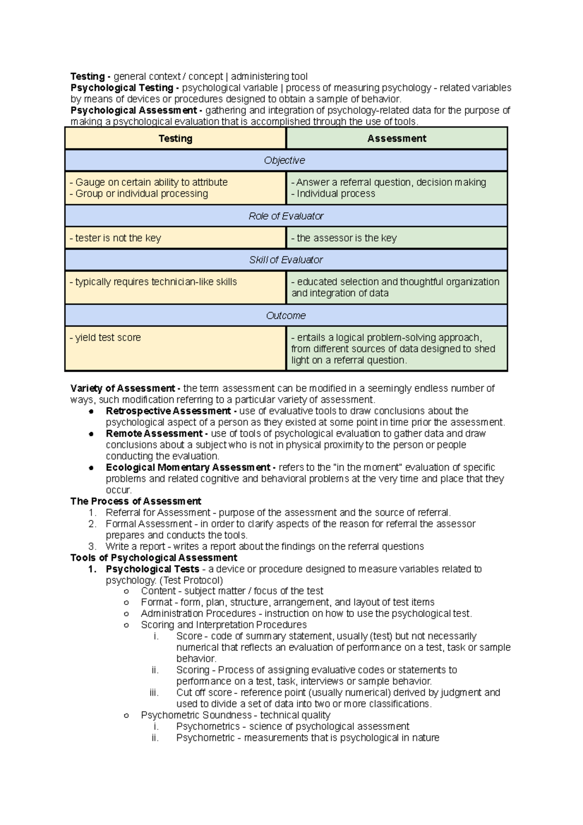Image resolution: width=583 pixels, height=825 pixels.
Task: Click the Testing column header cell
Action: click(x=175, y=138)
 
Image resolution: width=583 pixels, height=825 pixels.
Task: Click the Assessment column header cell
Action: click(x=396, y=138)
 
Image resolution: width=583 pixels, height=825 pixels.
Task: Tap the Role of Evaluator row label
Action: click(x=286, y=216)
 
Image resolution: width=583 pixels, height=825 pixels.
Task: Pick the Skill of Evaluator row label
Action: click(x=286, y=260)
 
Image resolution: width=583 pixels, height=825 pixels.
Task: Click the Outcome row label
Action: click(x=286, y=316)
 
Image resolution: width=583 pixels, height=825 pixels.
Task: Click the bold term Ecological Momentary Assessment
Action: click(x=188, y=467)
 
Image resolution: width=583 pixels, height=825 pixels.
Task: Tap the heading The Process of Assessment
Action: click(x=136, y=501)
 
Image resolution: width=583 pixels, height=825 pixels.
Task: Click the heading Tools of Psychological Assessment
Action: click(x=154, y=558)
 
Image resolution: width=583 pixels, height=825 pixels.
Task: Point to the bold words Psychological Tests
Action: click(x=153, y=569)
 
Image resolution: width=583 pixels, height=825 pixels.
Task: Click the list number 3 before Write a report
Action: click(x=92, y=547)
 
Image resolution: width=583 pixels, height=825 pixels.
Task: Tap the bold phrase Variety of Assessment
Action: click(x=122, y=388)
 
